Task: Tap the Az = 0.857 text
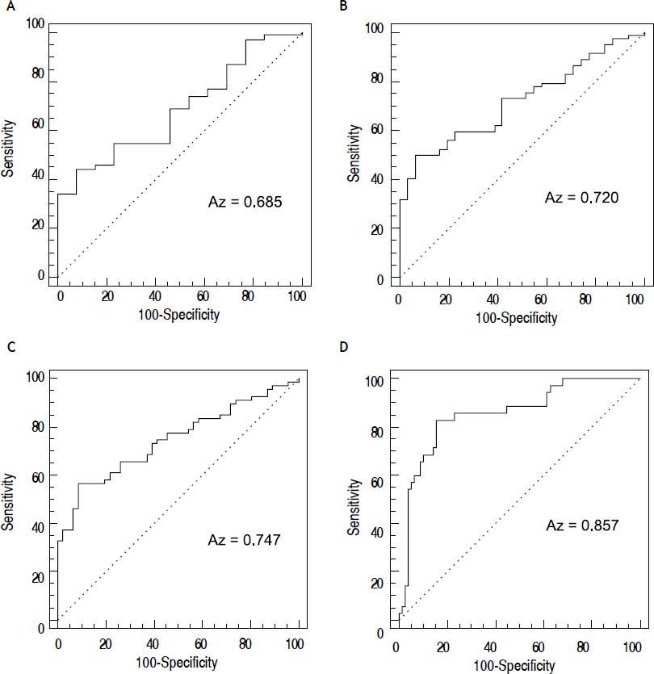(581, 525)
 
